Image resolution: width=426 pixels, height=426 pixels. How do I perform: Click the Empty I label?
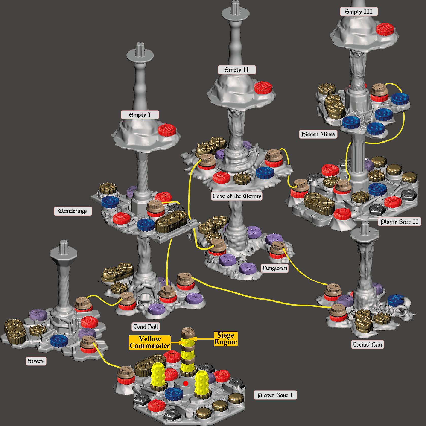tap(140, 115)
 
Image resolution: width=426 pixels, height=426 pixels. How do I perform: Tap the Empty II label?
tap(237, 70)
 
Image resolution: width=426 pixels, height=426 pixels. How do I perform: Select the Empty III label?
tap(359, 12)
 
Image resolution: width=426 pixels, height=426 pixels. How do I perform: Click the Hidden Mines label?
tap(318, 134)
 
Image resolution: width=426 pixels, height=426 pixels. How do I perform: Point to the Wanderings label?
tap(73, 211)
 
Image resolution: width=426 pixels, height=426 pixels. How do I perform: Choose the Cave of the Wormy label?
tap(237, 196)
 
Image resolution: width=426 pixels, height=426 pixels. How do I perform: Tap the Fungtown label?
tap(275, 268)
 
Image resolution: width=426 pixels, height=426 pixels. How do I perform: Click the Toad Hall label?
tap(146, 327)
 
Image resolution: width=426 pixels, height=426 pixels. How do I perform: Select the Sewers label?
tap(36, 361)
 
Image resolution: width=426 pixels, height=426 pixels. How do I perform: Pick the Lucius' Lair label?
tap(367, 344)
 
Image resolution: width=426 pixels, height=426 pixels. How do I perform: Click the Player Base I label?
tap(275, 395)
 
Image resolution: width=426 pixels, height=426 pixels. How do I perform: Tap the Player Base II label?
tap(399, 222)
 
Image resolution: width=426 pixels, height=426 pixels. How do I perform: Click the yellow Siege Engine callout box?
tap(226, 339)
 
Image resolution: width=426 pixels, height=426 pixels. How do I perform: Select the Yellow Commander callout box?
tap(150, 343)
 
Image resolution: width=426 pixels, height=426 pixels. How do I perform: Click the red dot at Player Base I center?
tap(186, 383)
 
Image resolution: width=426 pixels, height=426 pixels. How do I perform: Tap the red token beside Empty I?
tap(167, 130)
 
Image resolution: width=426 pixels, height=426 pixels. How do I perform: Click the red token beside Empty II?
tap(263, 87)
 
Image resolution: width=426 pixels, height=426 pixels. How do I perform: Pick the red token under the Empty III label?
tap(385, 29)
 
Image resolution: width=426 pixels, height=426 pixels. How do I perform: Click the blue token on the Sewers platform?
tap(59, 341)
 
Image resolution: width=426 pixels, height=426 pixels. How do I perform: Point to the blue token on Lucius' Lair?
tap(396, 300)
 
